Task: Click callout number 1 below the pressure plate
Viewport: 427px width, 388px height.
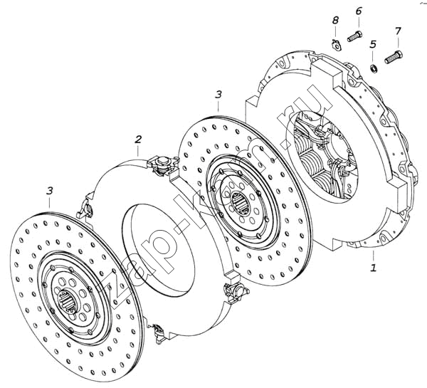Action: (x=371, y=268)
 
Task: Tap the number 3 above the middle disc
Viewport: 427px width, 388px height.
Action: (x=218, y=94)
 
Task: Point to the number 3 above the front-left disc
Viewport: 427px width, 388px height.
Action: (x=49, y=190)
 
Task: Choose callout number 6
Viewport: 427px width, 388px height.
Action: (x=358, y=11)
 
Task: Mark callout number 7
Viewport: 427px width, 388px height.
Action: (x=398, y=31)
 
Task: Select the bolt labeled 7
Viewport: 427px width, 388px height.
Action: (x=393, y=57)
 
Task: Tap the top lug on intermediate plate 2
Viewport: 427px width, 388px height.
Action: (x=163, y=164)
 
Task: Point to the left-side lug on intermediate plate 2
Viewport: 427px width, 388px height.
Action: (x=86, y=208)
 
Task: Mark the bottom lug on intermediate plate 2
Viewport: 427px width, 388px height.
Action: (x=157, y=330)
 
